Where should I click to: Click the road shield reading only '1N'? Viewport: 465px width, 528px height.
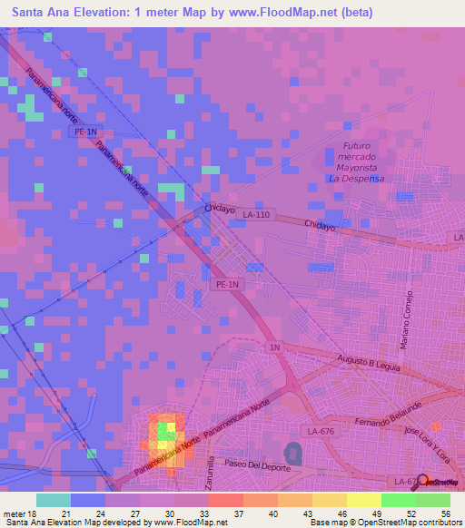pyautogui.click(x=274, y=347)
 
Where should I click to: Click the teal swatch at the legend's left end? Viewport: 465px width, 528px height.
pyautogui.click(x=54, y=500)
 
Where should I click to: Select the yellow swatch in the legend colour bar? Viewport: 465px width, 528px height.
pyautogui.click(x=364, y=500)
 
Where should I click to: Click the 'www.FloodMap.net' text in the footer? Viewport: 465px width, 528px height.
pyautogui.click(x=190, y=523)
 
